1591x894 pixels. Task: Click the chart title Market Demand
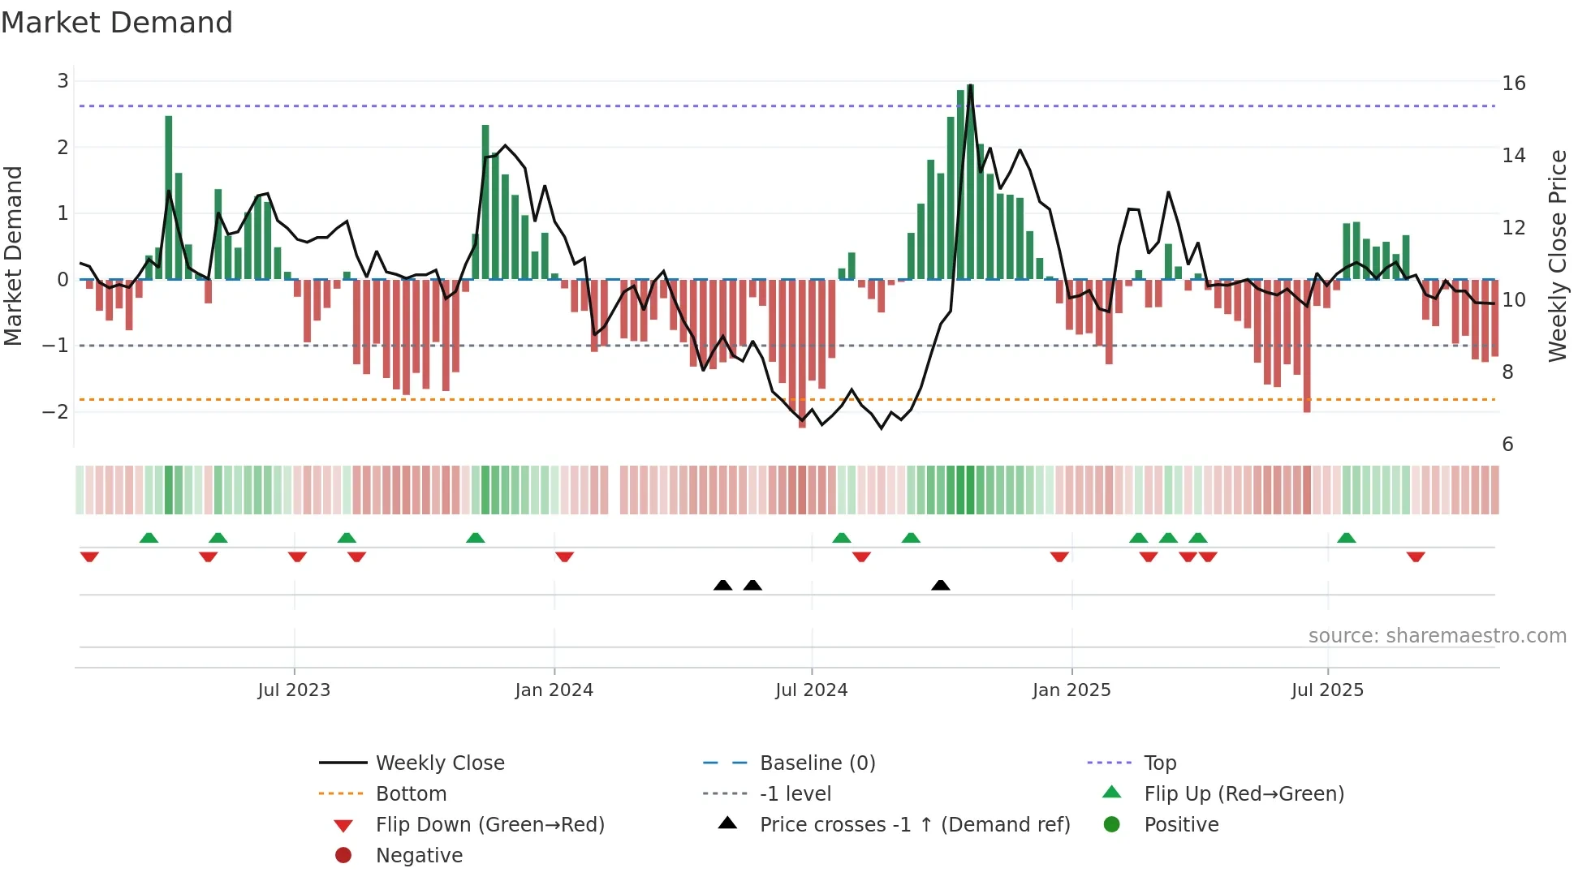click(117, 22)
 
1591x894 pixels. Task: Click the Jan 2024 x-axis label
click(554, 690)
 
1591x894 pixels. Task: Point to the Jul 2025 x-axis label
click(1327, 690)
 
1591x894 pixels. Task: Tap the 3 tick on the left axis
click(63, 81)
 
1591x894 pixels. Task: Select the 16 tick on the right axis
click(1513, 84)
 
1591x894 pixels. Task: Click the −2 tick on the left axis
click(56, 412)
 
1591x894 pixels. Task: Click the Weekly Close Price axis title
click(1557, 256)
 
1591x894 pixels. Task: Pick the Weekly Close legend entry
click(439, 763)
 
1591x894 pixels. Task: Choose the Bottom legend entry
click(411, 794)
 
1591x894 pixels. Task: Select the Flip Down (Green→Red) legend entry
click(489, 825)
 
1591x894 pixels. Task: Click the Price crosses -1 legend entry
click(914, 825)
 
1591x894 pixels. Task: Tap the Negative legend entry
click(419, 856)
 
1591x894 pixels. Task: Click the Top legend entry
click(1159, 763)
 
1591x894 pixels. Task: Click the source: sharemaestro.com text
click(1437, 636)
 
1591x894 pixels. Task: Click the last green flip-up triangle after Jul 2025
click(1346, 538)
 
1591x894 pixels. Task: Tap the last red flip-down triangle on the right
click(1416, 557)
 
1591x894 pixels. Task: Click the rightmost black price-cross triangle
click(940, 585)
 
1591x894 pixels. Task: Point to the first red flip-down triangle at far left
click(89, 557)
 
